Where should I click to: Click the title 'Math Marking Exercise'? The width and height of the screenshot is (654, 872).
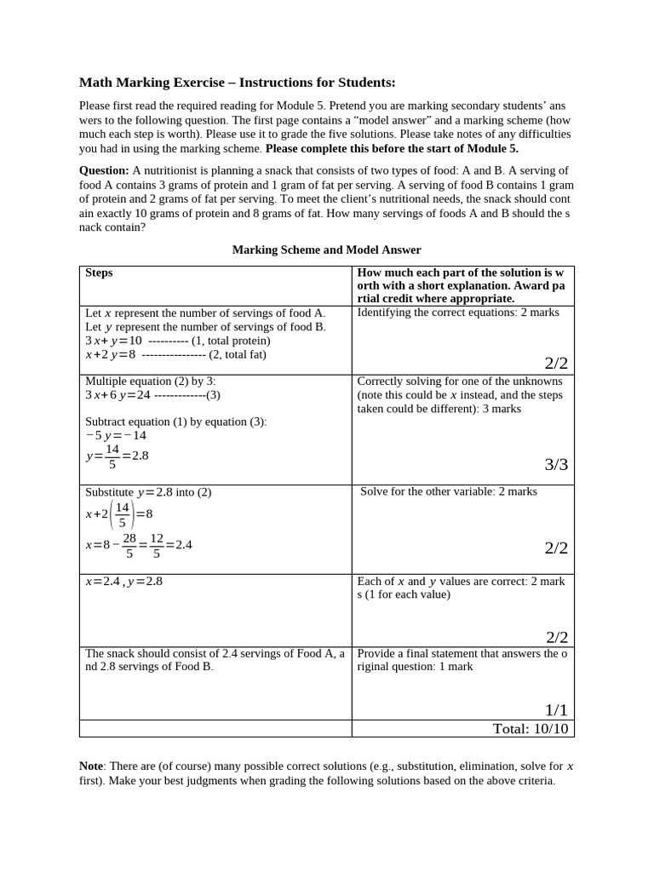[153, 83]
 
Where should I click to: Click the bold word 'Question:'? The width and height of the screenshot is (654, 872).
[104, 170]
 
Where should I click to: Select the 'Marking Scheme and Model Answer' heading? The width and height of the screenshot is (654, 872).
[327, 250]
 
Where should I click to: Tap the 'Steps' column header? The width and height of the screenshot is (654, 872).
[99, 272]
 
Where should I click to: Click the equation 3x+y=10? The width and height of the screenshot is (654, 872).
[113, 341]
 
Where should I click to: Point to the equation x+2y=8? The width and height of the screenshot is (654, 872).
[111, 354]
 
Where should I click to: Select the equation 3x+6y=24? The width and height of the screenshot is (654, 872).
[118, 395]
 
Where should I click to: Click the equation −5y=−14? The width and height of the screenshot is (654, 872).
[116, 435]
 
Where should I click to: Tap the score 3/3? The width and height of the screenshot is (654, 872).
[555, 465]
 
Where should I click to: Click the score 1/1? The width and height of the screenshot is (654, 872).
[556, 710]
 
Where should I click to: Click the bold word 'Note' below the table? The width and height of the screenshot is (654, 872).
[91, 766]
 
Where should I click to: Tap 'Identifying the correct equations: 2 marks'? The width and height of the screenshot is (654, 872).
[458, 313]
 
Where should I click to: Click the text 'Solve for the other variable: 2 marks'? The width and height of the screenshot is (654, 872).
[449, 491]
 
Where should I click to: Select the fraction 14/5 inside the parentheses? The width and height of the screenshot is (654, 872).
[123, 513]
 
